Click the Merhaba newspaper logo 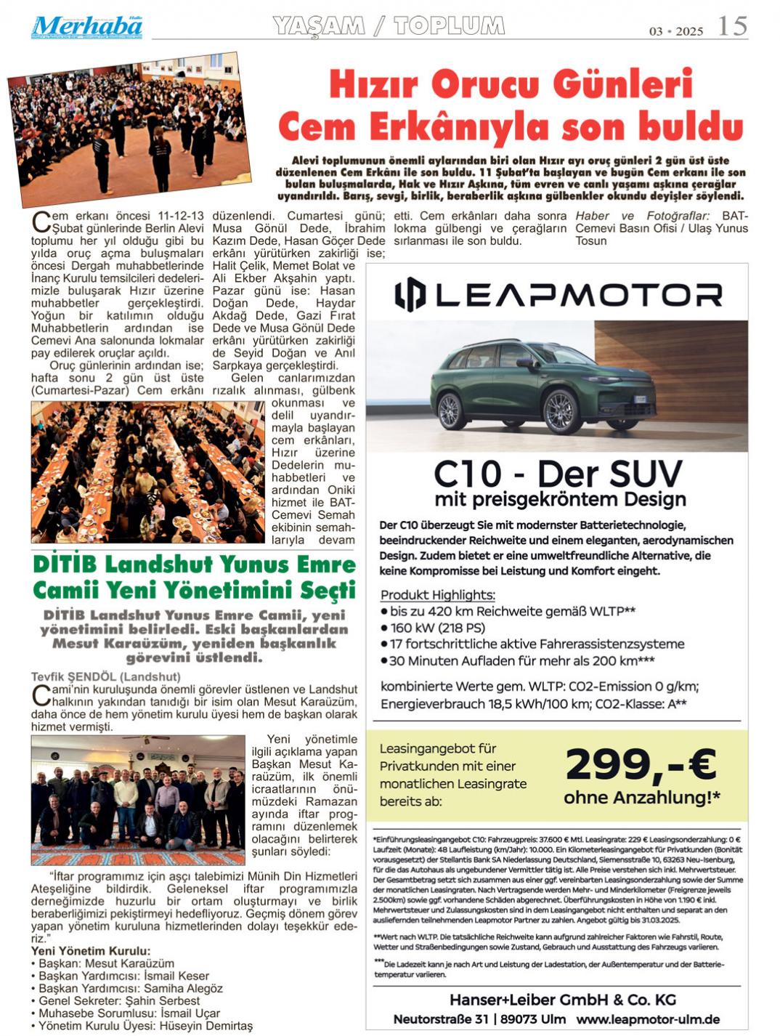point(86,26)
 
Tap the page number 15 point(732,26)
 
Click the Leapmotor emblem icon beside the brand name point(410,294)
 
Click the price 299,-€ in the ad point(641,764)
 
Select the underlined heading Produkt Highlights point(438,594)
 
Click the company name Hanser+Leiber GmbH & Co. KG point(563,1000)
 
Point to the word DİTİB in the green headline point(65,564)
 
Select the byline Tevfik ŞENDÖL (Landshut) point(105,676)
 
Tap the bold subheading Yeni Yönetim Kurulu point(91,951)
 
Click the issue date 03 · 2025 point(676,31)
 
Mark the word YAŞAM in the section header point(319,26)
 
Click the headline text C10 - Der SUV point(558,474)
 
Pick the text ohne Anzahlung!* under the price point(642,798)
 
